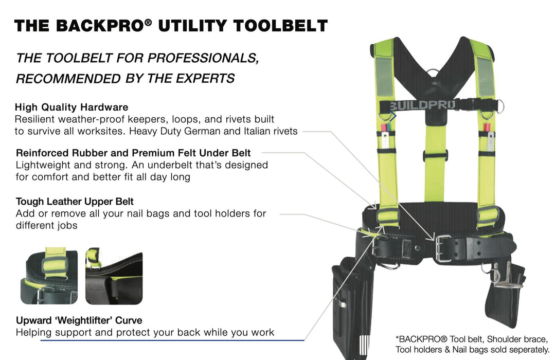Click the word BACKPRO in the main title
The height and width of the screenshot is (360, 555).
pyautogui.click(x=99, y=26)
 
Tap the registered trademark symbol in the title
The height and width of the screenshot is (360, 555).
pyautogui.click(x=148, y=22)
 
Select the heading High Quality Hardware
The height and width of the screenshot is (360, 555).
pyautogui.click(x=71, y=107)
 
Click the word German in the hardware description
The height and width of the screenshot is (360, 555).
pyautogui.click(x=203, y=131)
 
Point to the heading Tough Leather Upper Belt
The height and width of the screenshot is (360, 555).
pyautogui.click(x=75, y=202)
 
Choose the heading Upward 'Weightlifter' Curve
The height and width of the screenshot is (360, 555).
pyautogui.click(x=79, y=320)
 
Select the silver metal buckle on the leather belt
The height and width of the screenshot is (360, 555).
pyautogui.click(x=443, y=248)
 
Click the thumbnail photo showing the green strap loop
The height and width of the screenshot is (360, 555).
pyautogui.click(x=49, y=276)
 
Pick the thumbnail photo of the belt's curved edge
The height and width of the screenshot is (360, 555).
pyautogui.click(x=114, y=276)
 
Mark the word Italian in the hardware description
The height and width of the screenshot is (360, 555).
pyautogui.click(x=257, y=131)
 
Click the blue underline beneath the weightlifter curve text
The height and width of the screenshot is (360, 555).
pyautogui.click(x=172, y=340)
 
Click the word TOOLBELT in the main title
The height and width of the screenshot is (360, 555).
pyautogui.click(x=281, y=26)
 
